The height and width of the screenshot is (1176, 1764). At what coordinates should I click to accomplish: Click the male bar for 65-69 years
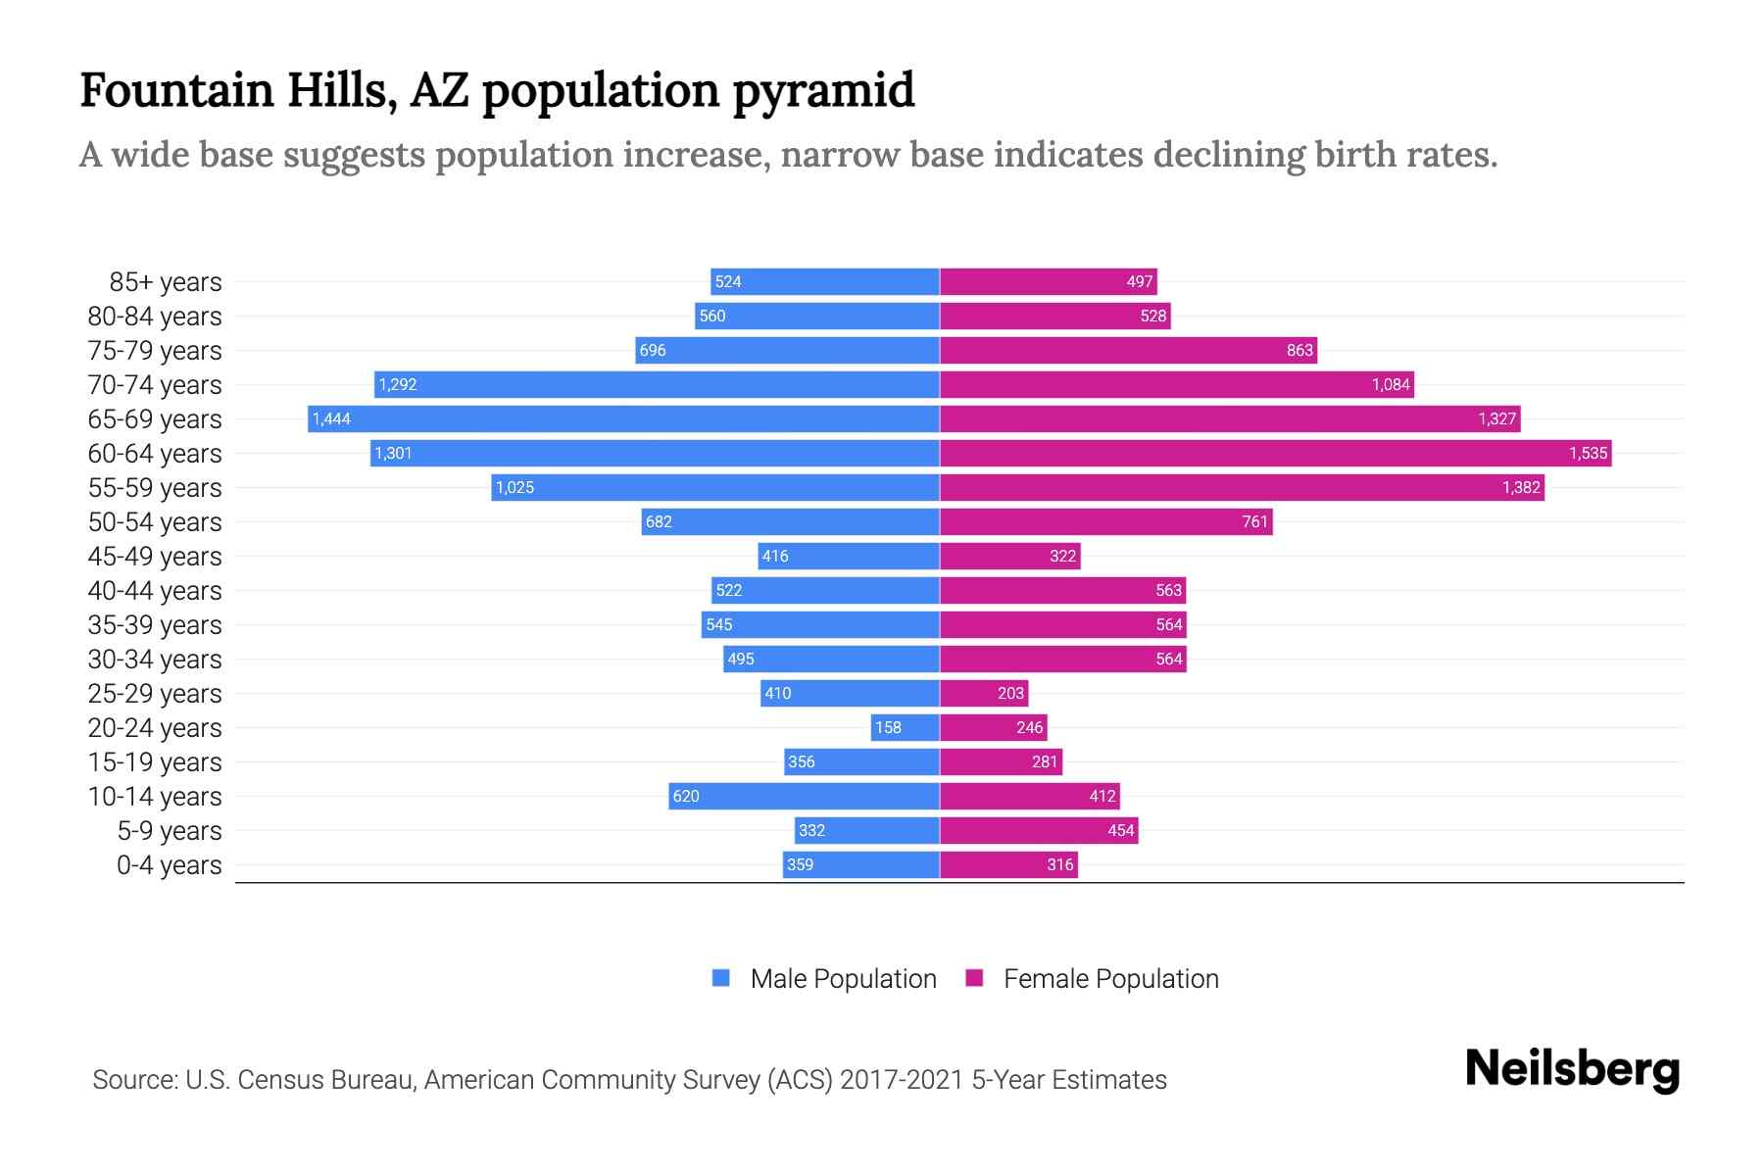pyautogui.click(x=623, y=419)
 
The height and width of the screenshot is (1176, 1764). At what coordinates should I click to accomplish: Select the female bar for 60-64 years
pyautogui.click(x=1274, y=454)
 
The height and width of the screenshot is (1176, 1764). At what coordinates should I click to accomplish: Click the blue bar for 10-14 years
pyautogui.click(x=804, y=797)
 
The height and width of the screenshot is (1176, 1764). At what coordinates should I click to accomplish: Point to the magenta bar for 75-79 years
pyautogui.click(x=1127, y=351)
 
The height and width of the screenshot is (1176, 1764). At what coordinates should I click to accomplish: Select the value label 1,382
pyautogui.click(x=1521, y=488)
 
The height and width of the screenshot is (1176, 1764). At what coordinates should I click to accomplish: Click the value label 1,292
pyautogui.click(x=398, y=385)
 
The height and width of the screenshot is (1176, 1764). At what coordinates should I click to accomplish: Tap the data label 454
pyautogui.click(x=1121, y=831)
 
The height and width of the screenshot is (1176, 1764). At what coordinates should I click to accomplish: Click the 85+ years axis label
pyautogui.click(x=166, y=282)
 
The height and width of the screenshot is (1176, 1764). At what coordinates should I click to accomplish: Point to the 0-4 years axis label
pyautogui.click(x=169, y=865)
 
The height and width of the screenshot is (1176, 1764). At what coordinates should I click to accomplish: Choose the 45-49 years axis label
pyautogui.click(x=155, y=557)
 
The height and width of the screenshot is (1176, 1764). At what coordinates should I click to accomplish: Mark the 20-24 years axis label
pyautogui.click(x=155, y=728)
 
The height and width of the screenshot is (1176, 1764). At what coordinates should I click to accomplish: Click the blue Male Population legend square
pyautogui.click(x=721, y=978)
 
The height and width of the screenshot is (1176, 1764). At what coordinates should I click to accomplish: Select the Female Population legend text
pyautogui.click(x=1110, y=979)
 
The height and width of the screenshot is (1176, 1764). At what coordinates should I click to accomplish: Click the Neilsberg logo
pyautogui.click(x=1572, y=1069)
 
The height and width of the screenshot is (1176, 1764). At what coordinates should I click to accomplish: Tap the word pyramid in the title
pyautogui.click(x=823, y=90)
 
